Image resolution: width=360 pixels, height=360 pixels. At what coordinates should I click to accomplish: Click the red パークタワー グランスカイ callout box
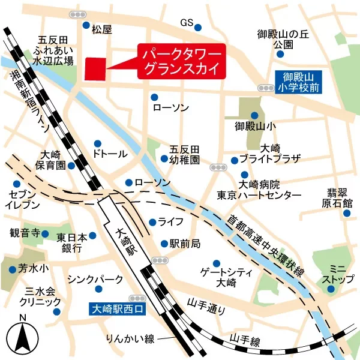point(182,62)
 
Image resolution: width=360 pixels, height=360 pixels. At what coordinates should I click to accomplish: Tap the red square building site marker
point(95,68)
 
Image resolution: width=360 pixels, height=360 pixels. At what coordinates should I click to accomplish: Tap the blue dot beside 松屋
point(86,25)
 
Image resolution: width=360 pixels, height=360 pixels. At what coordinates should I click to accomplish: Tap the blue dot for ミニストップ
point(332,290)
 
